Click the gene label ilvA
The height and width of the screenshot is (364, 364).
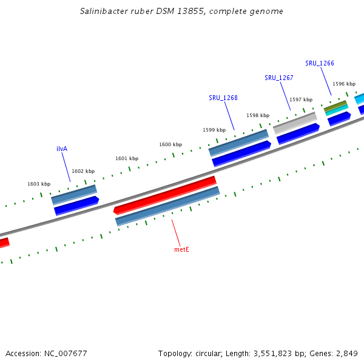pos(62,149)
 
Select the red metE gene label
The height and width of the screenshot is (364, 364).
pos(181,249)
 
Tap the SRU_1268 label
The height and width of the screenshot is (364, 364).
pos(223,98)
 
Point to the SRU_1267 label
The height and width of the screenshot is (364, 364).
pos(279,78)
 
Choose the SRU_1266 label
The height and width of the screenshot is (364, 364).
pos(320,63)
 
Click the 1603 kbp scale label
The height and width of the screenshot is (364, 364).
pos(39,184)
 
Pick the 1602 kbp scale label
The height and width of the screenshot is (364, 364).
pos(83,172)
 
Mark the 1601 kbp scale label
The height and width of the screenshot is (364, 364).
pos(127,158)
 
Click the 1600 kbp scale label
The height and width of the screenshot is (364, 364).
pos(170,145)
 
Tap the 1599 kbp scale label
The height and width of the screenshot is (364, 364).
pos(214,130)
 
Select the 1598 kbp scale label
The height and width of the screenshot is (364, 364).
pos(258,115)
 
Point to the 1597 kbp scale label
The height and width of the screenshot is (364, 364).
pos(301,99)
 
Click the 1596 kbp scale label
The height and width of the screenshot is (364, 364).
pos(344,84)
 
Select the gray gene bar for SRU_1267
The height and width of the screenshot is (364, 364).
pos(295,123)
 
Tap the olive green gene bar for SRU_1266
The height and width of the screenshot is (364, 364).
pos(335,106)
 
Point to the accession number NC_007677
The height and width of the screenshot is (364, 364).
pos(63,353)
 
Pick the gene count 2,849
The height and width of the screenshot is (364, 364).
pos(346,353)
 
